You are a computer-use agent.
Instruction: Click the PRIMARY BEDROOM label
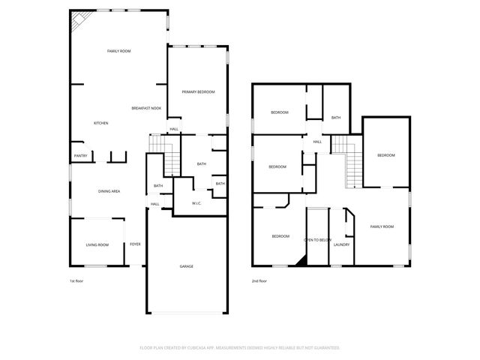tap(198, 91)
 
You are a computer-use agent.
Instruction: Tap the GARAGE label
tap(186, 266)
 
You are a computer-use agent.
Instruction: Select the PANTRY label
tap(80, 156)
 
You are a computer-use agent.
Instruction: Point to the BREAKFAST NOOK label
tap(146, 109)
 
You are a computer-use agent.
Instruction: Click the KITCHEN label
tap(101, 123)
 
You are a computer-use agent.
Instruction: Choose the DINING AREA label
tap(109, 191)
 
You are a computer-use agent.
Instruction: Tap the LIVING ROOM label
tap(97, 244)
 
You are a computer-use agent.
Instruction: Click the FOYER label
tap(135, 244)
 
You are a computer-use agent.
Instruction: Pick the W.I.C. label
tap(196, 202)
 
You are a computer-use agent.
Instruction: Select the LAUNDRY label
tap(341, 244)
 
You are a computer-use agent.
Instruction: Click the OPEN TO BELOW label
tap(317, 240)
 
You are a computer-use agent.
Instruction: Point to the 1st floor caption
tap(76, 281)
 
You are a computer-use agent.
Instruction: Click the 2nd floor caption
tap(259, 281)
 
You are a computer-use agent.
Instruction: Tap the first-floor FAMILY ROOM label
tap(119, 51)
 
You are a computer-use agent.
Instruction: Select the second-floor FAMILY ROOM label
tap(382, 226)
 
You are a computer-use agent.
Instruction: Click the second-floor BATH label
tap(336, 118)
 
